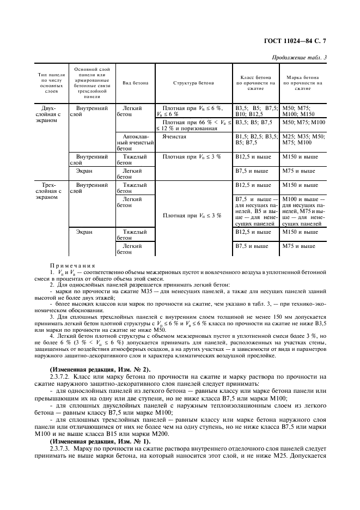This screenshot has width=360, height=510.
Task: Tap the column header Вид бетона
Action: click(133, 83)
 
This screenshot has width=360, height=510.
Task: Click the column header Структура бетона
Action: click(194, 83)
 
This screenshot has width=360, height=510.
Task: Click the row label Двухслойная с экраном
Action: click(51, 114)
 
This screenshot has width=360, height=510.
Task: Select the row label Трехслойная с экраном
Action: click(51, 191)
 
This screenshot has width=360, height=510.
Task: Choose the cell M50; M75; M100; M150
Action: click(301, 111)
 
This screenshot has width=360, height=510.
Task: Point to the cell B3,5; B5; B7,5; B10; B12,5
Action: click(255, 111)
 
